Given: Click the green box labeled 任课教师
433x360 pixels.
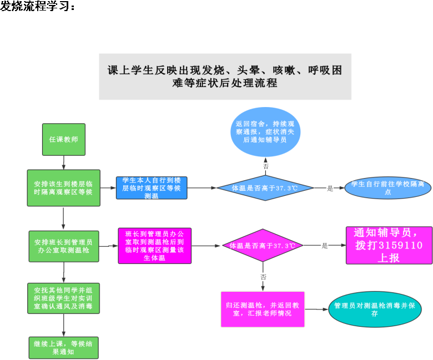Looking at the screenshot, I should (64, 139).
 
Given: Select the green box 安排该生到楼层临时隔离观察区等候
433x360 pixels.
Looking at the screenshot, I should (64, 187).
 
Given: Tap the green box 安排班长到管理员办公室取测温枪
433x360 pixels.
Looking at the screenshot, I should (64, 246).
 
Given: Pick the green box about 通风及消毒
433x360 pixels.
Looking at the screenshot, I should (64, 298).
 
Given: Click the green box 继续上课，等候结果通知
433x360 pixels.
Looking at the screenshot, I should (64, 347).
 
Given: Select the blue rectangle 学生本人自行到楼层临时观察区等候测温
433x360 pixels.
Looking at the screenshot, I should (152, 188).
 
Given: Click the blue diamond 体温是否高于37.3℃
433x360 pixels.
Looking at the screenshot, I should (265, 188).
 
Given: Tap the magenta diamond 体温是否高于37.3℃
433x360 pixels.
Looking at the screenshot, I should (262, 245).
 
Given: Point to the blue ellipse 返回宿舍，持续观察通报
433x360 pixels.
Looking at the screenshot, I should (265, 133).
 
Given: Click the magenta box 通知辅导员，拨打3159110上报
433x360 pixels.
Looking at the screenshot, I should (389, 245).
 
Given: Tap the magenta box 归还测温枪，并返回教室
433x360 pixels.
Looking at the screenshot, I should (262, 309).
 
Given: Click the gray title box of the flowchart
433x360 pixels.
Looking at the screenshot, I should (225, 77).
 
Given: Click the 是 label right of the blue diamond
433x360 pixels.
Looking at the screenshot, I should (330, 189).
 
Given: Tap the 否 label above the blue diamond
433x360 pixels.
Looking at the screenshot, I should (265, 166).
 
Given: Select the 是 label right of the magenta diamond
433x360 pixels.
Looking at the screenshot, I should (325, 245).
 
